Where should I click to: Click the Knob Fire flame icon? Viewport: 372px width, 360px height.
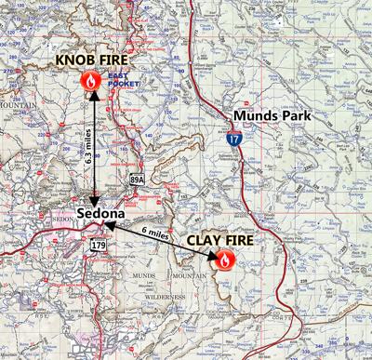point(92,82)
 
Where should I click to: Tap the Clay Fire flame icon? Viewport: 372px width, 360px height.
point(224,261)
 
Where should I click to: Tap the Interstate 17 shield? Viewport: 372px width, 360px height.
point(230,141)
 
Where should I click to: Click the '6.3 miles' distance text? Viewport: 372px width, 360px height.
point(87,146)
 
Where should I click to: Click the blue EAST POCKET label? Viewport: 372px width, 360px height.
point(121,80)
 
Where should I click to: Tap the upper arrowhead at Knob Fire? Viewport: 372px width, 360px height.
point(93,98)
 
